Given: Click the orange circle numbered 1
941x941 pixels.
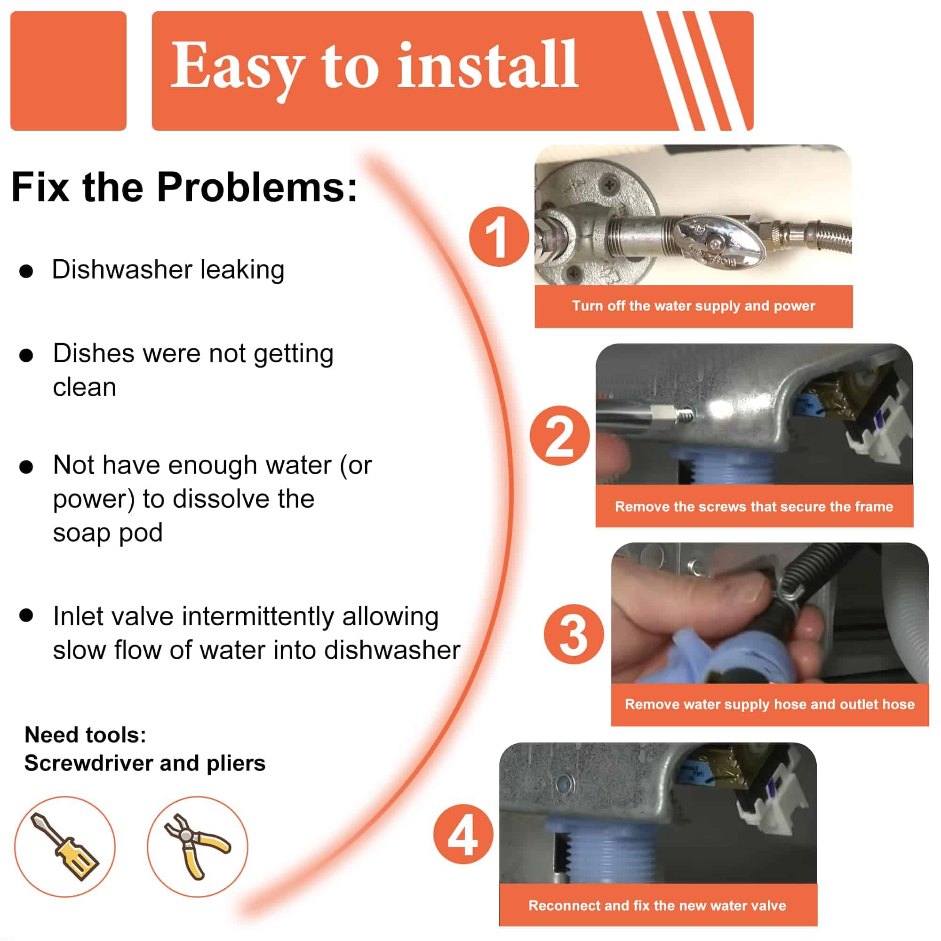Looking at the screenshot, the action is click(499, 237).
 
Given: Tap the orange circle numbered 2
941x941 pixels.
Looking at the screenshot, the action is click(559, 435).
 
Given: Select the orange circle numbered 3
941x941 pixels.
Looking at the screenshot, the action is click(574, 634).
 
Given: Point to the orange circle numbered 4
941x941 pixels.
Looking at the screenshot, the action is click(463, 834).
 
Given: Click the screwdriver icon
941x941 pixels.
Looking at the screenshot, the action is click(65, 847).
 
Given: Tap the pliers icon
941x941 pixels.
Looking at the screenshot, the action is click(197, 847).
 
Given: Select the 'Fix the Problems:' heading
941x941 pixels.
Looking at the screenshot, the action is click(184, 187).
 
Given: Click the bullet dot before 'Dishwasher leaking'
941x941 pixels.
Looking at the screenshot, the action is click(26, 271).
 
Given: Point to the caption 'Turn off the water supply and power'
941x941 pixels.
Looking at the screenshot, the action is click(694, 306).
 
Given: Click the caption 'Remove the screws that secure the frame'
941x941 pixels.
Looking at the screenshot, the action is click(754, 507).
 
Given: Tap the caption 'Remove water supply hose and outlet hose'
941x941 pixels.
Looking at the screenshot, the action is click(770, 704).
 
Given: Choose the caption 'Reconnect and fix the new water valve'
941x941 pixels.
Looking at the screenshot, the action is click(658, 905).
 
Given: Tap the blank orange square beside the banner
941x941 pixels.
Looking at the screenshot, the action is click(68, 71).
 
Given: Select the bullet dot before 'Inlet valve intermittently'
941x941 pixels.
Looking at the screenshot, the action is click(26, 615).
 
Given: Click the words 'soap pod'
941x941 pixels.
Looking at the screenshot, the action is click(108, 533).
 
